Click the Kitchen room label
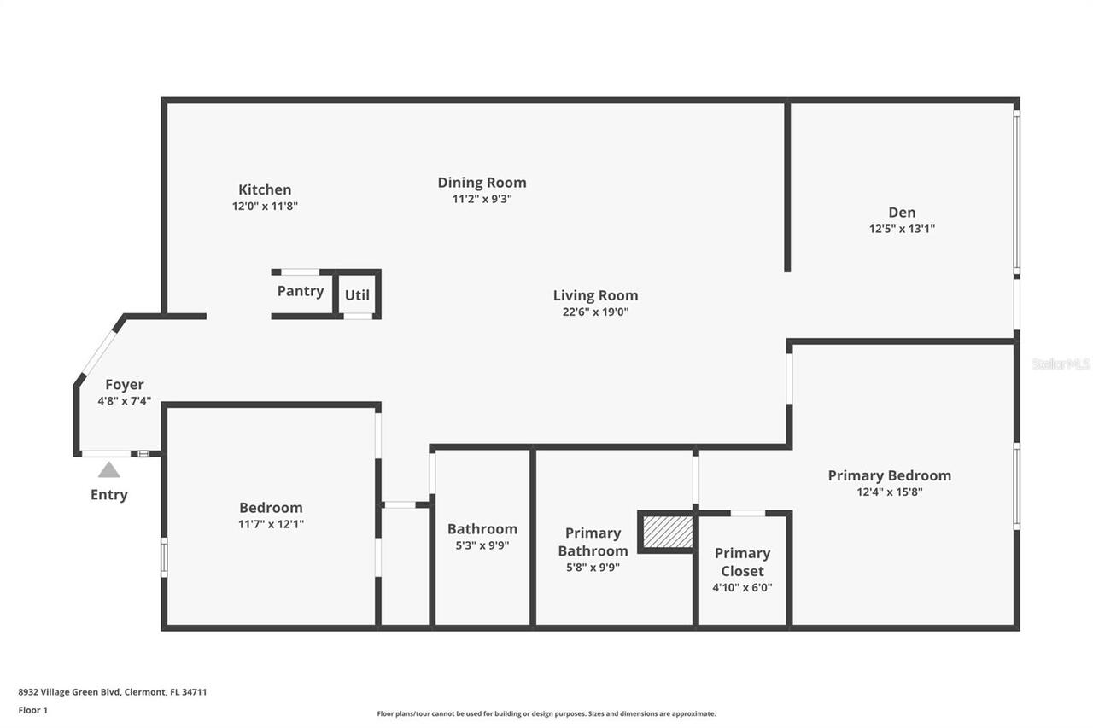point(265,189)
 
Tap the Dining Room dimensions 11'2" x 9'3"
point(482,199)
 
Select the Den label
point(902,213)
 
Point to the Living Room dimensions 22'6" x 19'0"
point(595,312)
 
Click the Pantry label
point(301,291)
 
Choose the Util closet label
point(357,295)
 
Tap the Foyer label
point(125,385)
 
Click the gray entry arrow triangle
point(108,469)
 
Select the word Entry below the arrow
point(109,495)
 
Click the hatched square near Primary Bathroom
point(667,532)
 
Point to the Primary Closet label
point(742,562)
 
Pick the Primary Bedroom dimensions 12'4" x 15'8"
point(889,492)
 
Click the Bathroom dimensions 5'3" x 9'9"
point(482,545)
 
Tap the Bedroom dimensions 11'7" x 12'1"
point(271,524)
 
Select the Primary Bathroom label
point(593,542)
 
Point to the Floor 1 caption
point(33,710)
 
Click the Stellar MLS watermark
point(1061,364)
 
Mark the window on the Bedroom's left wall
point(164,557)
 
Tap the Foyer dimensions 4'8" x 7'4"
point(125,400)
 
